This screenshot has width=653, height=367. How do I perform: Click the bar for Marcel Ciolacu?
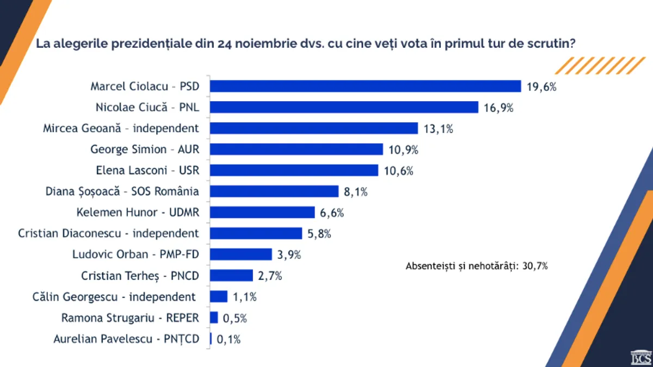pyautogui.click(x=366, y=86)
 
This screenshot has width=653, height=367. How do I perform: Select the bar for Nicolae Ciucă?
pyautogui.click(x=344, y=107)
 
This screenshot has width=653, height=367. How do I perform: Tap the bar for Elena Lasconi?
pyautogui.click(x=294, y=170)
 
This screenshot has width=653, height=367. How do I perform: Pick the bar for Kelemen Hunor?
pyautogui.click(x=262, y=212)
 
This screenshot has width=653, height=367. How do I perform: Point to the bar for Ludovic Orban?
pyautogui.click(x=241, y=254)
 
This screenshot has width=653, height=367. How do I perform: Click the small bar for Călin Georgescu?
pyautogui.click(x=219, y=296)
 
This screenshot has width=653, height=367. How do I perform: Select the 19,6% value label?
pyautogui.click(x=541, y=86)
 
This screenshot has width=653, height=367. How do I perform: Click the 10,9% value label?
pyautogui.click(x=403, y=150)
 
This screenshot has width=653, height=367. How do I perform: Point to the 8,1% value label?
pyautogui.click(x=356, y=191)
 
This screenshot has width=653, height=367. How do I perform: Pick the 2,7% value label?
pyautogui.click(x=270, y=276)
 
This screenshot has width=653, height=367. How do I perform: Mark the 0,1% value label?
pyautogui.click(x=229, y=339)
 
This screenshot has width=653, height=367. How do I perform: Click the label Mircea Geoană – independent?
pyautogui.click(x=121, y=128)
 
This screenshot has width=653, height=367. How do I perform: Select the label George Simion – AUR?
pyautogui.click(x=145, y=149)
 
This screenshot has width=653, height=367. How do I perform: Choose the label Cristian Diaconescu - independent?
pyautogui.click(x=108, y=233)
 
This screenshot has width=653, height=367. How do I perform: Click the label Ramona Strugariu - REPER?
pyautogui.click(x=130, y=318)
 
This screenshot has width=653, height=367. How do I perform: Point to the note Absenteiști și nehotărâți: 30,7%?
pyautogui.click(x=477, y=266)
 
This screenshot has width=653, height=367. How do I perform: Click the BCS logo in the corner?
pyautogui.click(x=640, y=358)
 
